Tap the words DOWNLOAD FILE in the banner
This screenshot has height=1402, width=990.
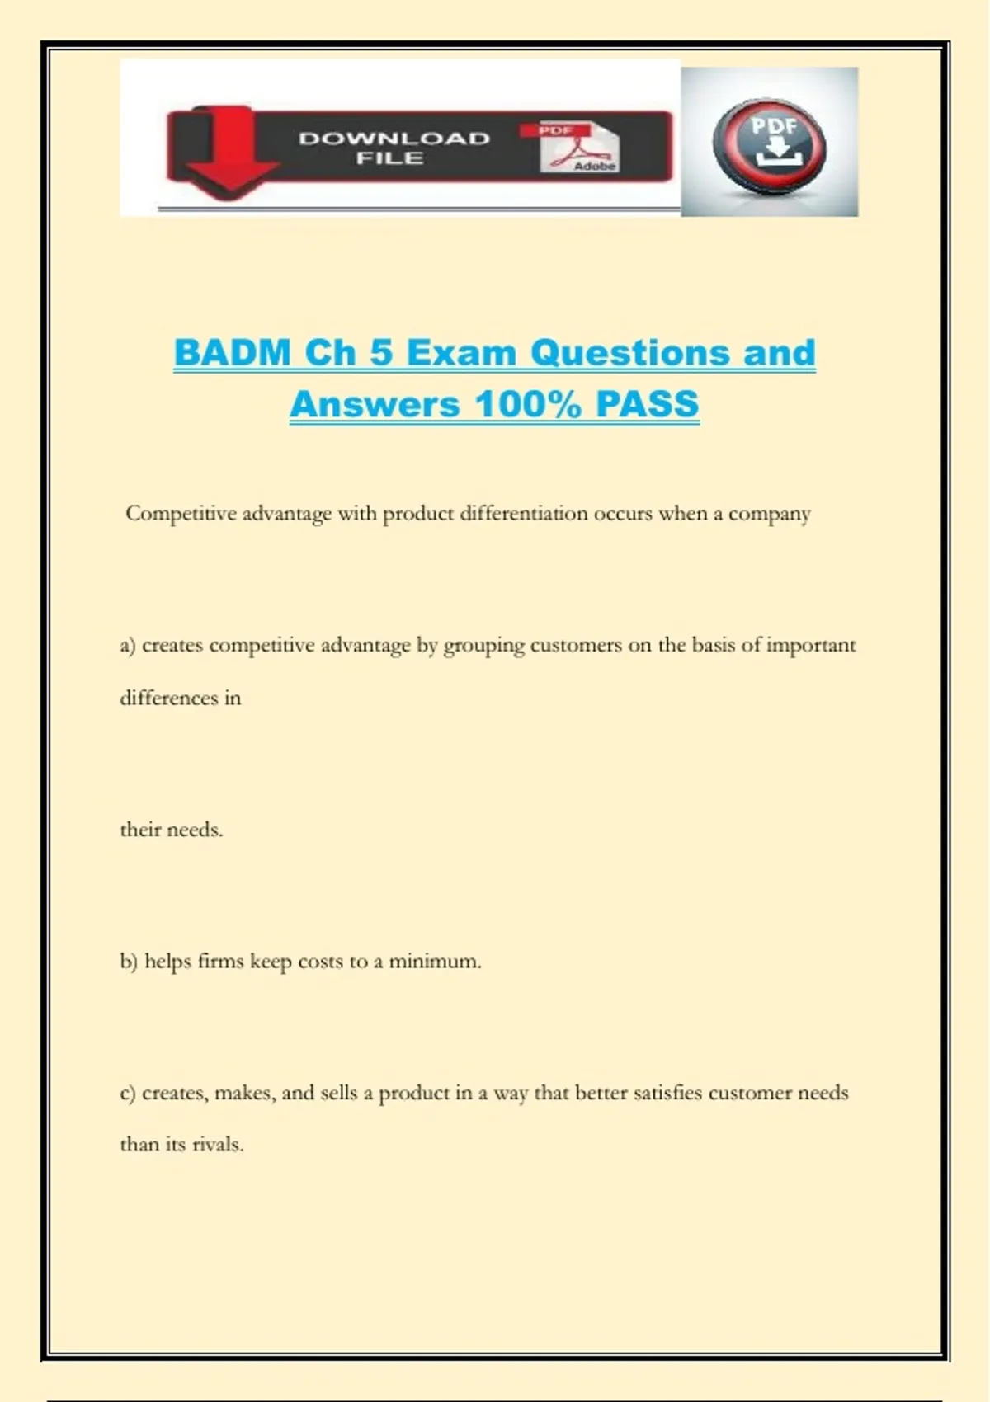(394, 148)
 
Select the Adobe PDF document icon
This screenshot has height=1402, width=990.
(580, 148)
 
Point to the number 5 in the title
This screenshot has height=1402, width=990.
(380, 353)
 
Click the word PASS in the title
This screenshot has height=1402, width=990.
(647, 404)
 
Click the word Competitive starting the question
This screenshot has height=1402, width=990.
(181, 514)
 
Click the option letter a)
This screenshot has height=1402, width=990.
(128, 646)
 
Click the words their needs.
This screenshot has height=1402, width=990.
(172, 830)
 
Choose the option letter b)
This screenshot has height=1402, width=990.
(129, 962)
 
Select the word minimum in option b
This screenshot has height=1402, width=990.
(434, 962)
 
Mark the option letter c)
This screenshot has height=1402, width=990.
(128, 1094)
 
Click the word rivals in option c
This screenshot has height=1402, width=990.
(217, 1145)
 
